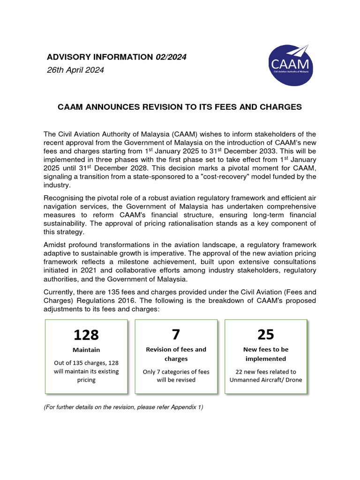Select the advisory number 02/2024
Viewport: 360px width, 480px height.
(171, 57)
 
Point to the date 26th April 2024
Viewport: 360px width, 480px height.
(75, 70)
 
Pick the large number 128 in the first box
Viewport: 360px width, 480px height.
(86, 335)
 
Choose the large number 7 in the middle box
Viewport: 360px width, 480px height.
(176, 334)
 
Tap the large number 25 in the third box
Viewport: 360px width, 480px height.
(266, 334)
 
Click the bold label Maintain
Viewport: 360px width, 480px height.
(86, 350)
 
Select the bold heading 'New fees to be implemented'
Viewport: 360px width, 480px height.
(266, 354)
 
